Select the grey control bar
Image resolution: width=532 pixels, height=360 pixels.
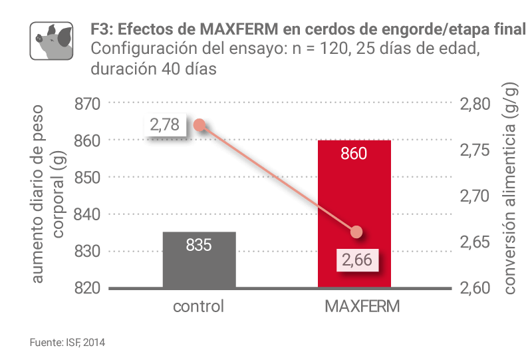point(199,266)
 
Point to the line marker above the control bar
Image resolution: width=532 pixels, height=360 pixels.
point(199,124)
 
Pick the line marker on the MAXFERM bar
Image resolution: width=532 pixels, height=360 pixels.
point(356,232)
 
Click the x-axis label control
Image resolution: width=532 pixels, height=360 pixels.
point(199,307)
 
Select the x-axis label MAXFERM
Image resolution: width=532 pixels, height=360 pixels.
point(354,307)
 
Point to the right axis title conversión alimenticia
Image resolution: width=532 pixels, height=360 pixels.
point(511,196)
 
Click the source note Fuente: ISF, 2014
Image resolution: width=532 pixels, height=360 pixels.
point(67,343)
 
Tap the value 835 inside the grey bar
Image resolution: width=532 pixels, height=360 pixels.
point(199,245)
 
